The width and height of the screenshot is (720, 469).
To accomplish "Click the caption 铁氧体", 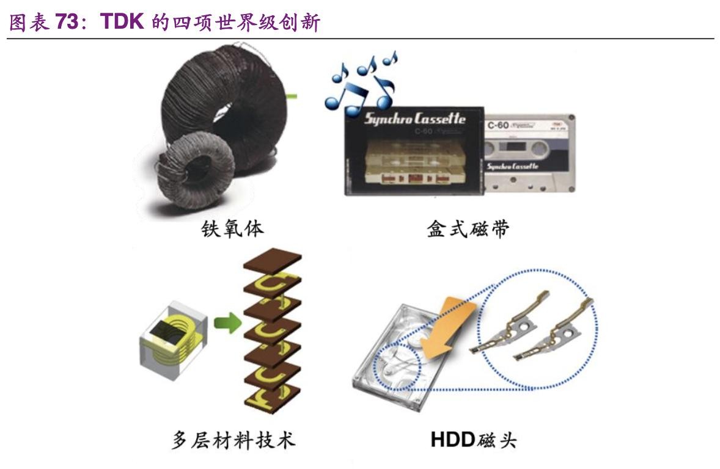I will tap(232, 229).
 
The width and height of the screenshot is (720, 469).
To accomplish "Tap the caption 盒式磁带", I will tap(468, 229).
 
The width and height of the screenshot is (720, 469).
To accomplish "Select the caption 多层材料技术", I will tap(233, 440).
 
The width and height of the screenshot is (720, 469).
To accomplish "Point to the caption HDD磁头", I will tap(473, 440).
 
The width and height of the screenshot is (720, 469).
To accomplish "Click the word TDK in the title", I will tap(122, 22).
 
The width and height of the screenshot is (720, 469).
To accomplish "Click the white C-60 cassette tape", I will tap(529, 153).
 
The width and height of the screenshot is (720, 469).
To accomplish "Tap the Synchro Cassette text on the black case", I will tap(414, 118).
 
